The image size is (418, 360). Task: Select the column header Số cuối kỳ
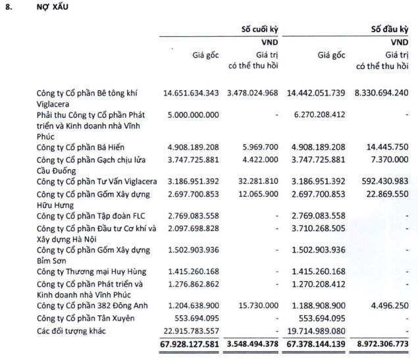[260, 29]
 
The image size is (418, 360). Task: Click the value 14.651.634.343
[191, 93]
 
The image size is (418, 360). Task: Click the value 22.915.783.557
[190, 330]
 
